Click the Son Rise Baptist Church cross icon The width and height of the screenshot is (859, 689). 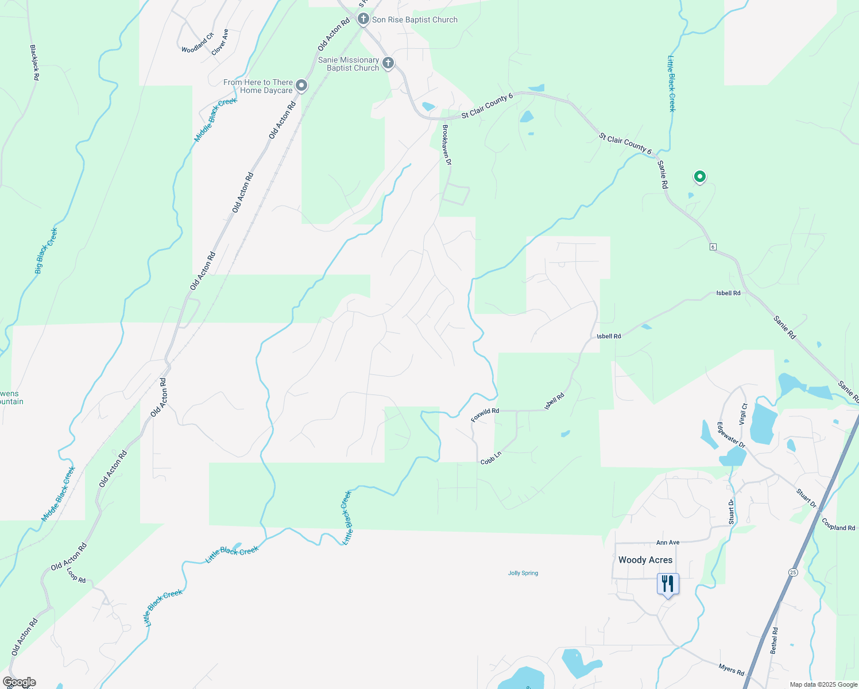[x=363, y=20]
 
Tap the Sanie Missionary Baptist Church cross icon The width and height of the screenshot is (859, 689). [x=388, y=63]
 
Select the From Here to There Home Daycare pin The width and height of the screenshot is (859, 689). [x=301, y=86]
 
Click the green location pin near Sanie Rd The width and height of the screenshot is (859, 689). [x=699, y=177]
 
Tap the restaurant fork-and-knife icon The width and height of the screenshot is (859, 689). [x=668, y=584]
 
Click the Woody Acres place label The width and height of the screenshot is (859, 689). [x=645, y=560]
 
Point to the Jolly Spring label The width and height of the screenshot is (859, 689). [x=523, y=573]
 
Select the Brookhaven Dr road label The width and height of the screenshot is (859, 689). [x=447, y=145]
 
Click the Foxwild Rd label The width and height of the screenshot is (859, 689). [x=485, y=415]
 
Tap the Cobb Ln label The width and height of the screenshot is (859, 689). [x=491, y=458]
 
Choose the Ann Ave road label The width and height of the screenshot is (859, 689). [x=668, y=543]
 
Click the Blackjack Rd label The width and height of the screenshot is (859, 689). [x=34, y=63]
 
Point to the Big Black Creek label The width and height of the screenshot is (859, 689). [x=47, y=251]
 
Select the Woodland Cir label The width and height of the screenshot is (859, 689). [x=198, y=43]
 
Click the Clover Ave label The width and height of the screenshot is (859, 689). [x=220, y=42]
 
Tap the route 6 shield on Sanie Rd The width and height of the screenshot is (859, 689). [x=713, y=247]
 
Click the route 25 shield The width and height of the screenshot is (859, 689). [x=793, y=572]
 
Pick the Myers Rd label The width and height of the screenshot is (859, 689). [x=732, y=669]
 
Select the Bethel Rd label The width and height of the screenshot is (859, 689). [x=774, y=640]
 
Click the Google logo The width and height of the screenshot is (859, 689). [x=19, y=682]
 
